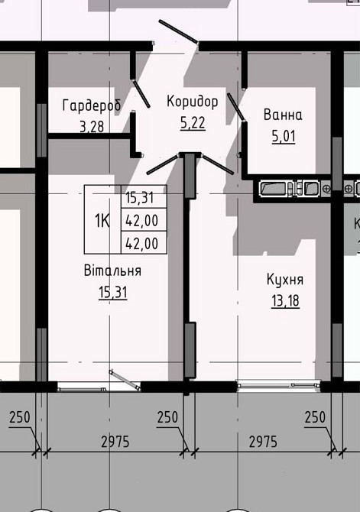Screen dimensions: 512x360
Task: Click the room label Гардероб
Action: point(92,105)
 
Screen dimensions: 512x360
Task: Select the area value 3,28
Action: point(92,126)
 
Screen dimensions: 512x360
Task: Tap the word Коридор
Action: point(193,101)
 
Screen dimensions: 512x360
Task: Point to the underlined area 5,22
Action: point(193,122)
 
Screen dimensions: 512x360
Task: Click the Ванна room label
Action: point(283,115)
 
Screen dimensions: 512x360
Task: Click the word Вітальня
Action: point(113,271)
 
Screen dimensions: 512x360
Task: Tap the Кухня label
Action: point(285,279)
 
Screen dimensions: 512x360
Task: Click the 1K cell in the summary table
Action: point(102,221)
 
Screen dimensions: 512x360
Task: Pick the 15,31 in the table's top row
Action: point(141,197)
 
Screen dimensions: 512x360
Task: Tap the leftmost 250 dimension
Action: point(19,417)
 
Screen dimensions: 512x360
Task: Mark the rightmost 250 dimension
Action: point(315,417)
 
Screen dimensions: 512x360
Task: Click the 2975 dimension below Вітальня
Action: point(114,442)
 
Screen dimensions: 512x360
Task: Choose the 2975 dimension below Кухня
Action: point(262,442)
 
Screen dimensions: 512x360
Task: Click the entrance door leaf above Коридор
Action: point(178,34)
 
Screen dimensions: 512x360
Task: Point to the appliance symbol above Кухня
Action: point(290,188)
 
